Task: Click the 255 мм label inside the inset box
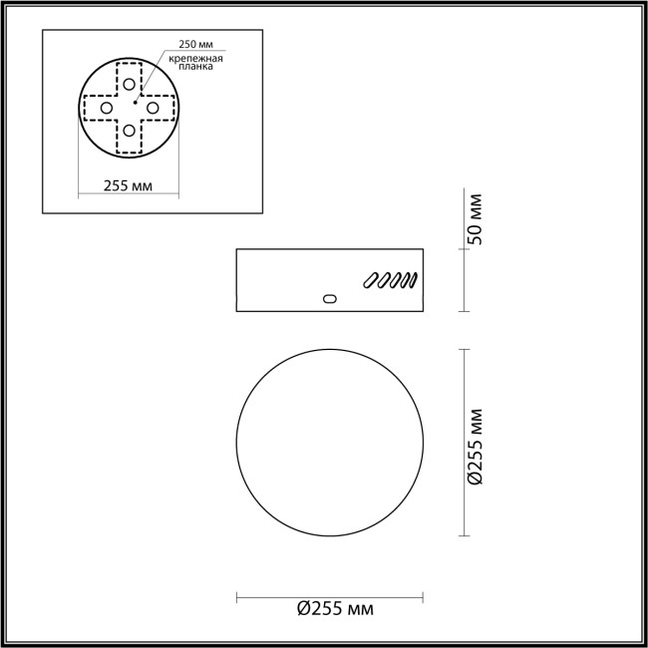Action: [x=129, y=186]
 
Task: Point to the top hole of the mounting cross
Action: [x=129, y=83]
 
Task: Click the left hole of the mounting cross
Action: [x=105, y=107]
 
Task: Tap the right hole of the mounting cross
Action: [x=153, y=107]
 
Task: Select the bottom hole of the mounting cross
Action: [x=129, y=131]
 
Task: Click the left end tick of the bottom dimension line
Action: [x=236, y=598]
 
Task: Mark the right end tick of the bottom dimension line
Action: [x=425, y=598]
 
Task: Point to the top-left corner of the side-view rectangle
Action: [x=236, y=248]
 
